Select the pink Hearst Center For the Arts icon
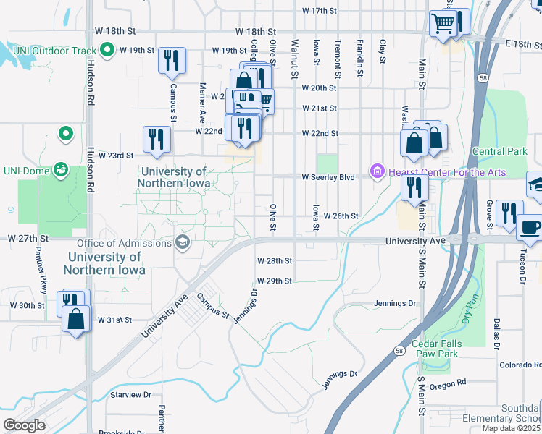(376, 171)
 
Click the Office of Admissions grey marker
(183, 242)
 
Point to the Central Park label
(499, 151)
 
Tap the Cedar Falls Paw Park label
(435, 349)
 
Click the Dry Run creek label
(470, 307)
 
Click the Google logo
(23, 425)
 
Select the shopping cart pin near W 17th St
(443, 25)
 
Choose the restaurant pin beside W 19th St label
(172, 61)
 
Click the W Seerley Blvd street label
(328, 176)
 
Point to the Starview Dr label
(130, 395)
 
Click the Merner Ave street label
(202, 102)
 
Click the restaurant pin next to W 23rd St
(157, 140)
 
